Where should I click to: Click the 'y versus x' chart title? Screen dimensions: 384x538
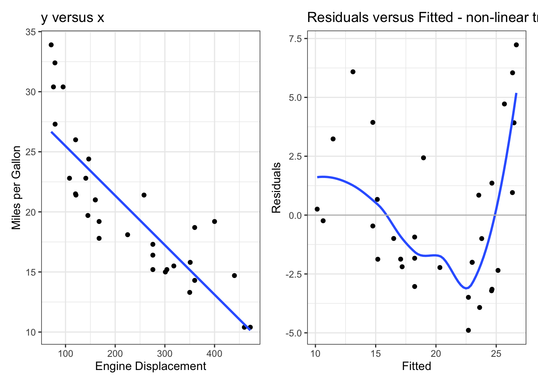(72, 18)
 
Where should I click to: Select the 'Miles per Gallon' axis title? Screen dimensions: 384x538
(16, 188)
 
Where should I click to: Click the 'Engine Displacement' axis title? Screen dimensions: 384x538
(151, 366)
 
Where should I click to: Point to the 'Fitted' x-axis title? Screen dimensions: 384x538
(416, 366)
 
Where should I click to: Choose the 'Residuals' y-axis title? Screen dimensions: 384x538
(276, 188)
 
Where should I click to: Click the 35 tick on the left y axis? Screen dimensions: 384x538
(31, 32)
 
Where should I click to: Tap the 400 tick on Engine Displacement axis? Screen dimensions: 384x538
(214, 354)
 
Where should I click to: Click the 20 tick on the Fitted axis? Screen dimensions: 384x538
(436, 354)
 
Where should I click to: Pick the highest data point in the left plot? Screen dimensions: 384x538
(51, 45)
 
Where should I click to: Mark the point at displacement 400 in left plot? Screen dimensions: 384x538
(215, 222)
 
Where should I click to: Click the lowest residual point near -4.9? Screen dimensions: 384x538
(468, 330)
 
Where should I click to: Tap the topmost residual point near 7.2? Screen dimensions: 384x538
(516, 45)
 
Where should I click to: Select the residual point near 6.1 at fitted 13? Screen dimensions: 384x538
(353, 72)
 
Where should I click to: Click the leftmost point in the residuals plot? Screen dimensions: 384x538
(317, 209)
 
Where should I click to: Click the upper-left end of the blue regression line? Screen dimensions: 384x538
(52, 132)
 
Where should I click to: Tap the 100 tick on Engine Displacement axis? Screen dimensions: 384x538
(65, 354)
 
